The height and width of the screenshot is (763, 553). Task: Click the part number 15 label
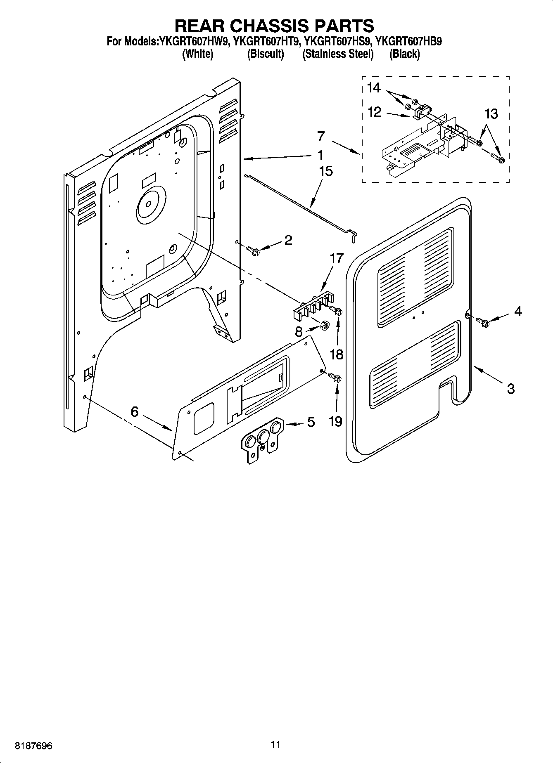(326, 172)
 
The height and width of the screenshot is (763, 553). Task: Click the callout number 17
(337, 259)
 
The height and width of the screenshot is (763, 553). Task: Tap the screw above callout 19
(335, 377)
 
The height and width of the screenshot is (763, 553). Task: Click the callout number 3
(510, 388)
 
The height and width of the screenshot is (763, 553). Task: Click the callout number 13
(491, 114)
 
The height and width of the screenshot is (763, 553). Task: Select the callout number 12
(374, 112)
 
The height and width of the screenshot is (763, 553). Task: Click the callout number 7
(321, 136)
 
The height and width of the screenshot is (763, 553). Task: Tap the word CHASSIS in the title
(274, 26)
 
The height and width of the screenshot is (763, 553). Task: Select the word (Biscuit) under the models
(265, 54)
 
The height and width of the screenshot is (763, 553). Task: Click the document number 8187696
(33, 746)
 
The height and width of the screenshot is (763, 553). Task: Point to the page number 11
(275, 744)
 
